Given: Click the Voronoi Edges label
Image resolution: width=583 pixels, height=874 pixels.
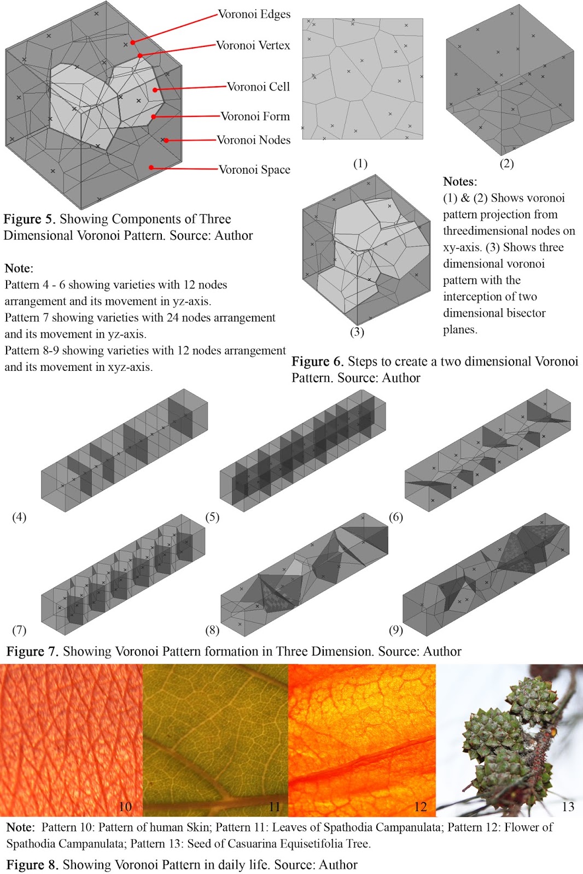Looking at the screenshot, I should (x=254, y=14).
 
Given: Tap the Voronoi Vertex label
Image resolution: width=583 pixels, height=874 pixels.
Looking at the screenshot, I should (x=253, y=45).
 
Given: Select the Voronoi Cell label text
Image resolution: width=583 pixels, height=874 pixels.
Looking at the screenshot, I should (x=258, y=86).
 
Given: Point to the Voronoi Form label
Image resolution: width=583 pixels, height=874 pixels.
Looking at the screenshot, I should (x=255, y=116).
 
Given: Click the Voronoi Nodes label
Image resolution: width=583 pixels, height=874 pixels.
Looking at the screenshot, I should (x=253, y=140).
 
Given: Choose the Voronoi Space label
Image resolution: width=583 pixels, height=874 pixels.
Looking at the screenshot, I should (x=254, y=169).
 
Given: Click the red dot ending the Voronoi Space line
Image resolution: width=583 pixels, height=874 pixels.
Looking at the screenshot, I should (x=151, y=168).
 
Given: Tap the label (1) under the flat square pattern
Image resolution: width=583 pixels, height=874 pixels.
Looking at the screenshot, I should (x=360, y=163).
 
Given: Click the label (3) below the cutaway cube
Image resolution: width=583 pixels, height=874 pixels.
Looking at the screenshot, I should (x=357, y=332).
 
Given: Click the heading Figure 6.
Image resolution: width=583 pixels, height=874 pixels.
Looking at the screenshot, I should (x=317, y=362).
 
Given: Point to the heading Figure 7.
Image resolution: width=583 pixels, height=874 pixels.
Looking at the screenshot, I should (x=32, y=651).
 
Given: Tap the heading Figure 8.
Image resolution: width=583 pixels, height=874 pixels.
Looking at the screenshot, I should (x=32, y=865).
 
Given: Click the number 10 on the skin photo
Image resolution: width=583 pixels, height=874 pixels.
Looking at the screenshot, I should (x=125, y=807).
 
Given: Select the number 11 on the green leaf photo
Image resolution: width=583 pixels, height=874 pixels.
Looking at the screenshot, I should (x=274, y=807).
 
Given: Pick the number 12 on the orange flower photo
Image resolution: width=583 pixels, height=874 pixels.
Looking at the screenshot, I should (x=420, y=807).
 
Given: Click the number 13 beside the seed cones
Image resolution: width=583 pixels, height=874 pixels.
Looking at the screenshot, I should (x=568, y=807).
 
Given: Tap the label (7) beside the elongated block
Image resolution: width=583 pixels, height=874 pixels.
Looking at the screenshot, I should (x=19, y=630).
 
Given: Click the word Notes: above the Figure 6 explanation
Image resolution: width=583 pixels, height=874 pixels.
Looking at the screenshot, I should (x=459, y=181).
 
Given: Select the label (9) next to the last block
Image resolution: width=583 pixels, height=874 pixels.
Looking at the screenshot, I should (x=395, y=630).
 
